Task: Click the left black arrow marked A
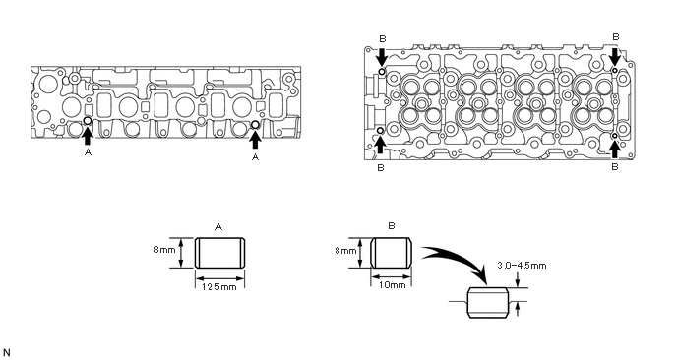click(x=88, y=136)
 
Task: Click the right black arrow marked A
click(x=255, y=140)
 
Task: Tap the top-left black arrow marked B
click(x=382, y=56)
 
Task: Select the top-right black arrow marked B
click(x=616, y=56)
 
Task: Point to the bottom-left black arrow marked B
click(x=380, y=145)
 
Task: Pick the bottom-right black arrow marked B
click(x=615, y=150)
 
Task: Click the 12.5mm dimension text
click(x=218, y=286)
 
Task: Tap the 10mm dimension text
click(x=392, y=285)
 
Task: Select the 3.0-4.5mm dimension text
click(x=522, y=265)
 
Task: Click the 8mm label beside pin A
click(x=164, y=250)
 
